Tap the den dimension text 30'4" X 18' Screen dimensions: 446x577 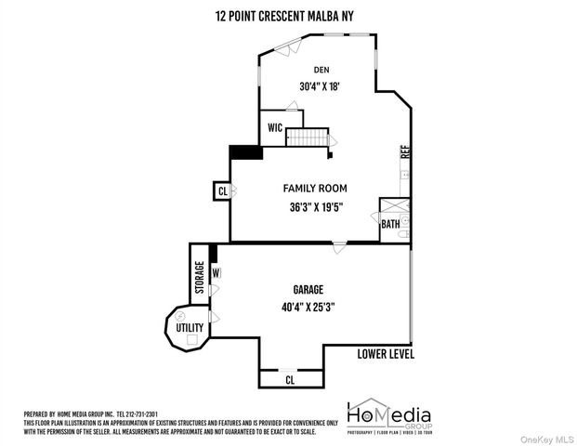(x=321, y=87)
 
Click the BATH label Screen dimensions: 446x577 (x=390, y=224)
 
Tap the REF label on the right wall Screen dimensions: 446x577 (x=405, y=152)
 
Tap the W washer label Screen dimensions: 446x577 (x=216, y=273)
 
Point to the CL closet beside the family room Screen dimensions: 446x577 (x=222, y=191)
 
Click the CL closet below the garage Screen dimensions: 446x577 (x=290, y=380)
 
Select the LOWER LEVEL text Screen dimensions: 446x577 (x=386, y=354)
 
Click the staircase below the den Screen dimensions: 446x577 (x=309, y=137)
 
